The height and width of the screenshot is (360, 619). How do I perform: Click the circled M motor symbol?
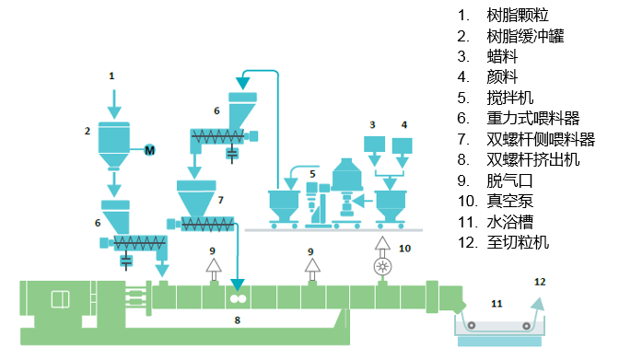coord(149,150)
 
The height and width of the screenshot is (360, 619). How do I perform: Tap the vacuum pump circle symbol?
coord(382,266)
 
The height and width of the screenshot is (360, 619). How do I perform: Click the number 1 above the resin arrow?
coord(111,75)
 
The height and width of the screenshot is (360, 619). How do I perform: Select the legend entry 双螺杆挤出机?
coord(533,160)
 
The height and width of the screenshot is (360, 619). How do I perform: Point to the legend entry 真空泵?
coord(509,201)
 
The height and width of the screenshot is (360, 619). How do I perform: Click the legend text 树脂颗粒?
coord(518,16)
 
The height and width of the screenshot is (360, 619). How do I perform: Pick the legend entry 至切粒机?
coord(518,242)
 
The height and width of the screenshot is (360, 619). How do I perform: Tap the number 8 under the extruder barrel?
coord(238,320)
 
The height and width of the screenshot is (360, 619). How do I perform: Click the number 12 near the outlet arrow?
coord(540,282)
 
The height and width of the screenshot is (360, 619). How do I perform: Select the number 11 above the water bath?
coord(496,304)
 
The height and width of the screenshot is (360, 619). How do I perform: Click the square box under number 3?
coord(374,144)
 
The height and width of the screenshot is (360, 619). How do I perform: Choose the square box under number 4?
coord(403,145)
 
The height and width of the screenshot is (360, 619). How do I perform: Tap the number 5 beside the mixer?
coord(312,174)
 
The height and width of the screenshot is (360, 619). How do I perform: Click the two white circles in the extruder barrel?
coord(238,299)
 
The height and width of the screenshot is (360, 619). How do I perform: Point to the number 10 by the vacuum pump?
coord(404,249)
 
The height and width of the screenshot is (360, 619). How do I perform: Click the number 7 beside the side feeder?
coord(221,200)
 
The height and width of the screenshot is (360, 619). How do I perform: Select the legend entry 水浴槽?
coord(509,222)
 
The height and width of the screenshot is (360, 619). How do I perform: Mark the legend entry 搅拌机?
coord(509,98)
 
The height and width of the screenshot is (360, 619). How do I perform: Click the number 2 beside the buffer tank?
coord(88,131)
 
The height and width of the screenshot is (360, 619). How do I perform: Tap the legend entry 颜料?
coord(502,77)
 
